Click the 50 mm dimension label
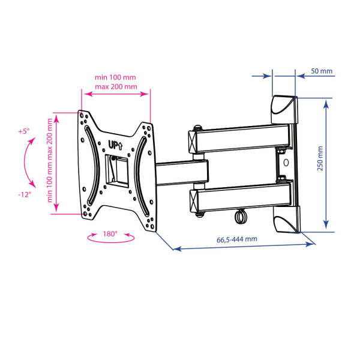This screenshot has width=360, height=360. point(322,71)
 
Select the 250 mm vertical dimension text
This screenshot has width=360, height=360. point(320,158)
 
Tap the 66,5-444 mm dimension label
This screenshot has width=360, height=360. point(237,239)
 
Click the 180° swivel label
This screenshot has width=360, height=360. point(110,234)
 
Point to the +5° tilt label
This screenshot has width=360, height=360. point(24,131)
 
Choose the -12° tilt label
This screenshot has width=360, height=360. point(25,194)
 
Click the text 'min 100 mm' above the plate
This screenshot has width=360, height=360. point(115,77)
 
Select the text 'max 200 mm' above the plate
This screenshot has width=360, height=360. point(116,87)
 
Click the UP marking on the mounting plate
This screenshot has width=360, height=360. point(115,145)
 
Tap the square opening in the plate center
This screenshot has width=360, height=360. point(116,170)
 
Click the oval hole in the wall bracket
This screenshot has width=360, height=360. point(286,163)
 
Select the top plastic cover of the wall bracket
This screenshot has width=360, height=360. point(284,110)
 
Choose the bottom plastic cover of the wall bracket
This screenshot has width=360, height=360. point(287,219)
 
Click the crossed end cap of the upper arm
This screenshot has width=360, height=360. point(193,142)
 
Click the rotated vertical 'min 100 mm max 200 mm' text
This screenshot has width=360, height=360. point(50,160)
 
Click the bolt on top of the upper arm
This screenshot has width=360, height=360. point(197,128)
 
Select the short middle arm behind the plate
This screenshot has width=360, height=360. point(182,173)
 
